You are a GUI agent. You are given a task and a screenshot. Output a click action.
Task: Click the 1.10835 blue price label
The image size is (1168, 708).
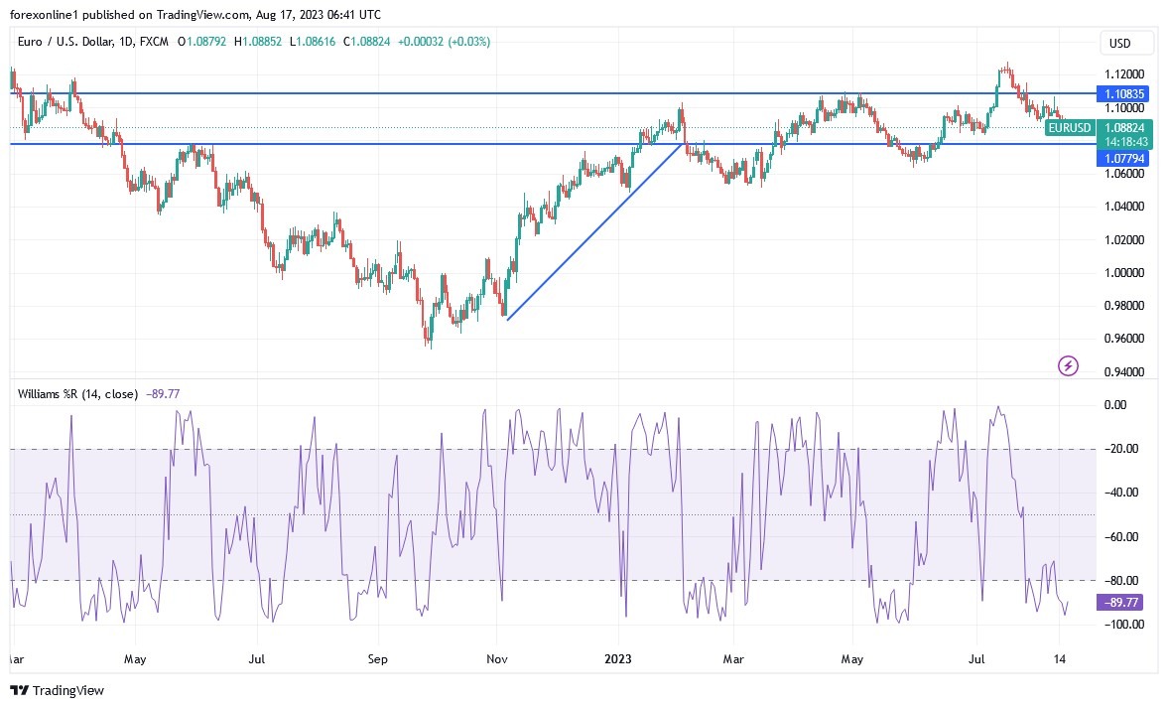click(1124, 93)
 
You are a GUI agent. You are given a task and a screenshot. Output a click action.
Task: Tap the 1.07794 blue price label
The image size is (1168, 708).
click(1124, 158)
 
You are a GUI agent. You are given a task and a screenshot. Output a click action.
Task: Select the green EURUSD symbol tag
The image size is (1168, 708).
click(1070, 128)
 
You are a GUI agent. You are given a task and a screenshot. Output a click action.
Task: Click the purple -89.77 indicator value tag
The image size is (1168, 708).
click(1122, 602)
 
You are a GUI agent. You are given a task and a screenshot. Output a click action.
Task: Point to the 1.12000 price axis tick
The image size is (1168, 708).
click(1124, 74)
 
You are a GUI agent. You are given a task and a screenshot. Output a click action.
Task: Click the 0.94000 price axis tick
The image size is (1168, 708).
click(1124, 371)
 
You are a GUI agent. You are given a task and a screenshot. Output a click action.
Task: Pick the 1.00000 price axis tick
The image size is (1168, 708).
click(1124, 273)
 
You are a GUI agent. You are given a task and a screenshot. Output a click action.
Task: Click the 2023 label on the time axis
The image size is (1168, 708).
click(618, 658)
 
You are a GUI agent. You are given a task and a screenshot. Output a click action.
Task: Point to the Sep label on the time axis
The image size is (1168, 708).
click(376, 658)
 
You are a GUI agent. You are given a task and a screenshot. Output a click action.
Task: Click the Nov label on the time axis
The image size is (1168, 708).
click(497, 658)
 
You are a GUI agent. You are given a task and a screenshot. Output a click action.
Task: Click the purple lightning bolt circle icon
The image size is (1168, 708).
click(1068, 366)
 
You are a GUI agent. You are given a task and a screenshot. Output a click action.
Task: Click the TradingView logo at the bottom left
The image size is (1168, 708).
click(58, 690)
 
